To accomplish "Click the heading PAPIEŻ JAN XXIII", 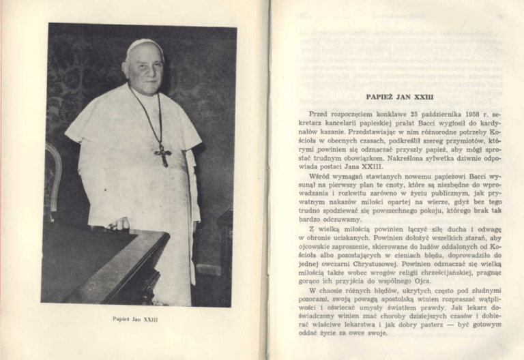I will [x=399, y=97].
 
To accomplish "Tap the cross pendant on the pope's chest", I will [x=162, y=155].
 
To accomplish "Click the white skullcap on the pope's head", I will [x=145, y=46].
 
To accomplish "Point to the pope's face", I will [x=145, y=68].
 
